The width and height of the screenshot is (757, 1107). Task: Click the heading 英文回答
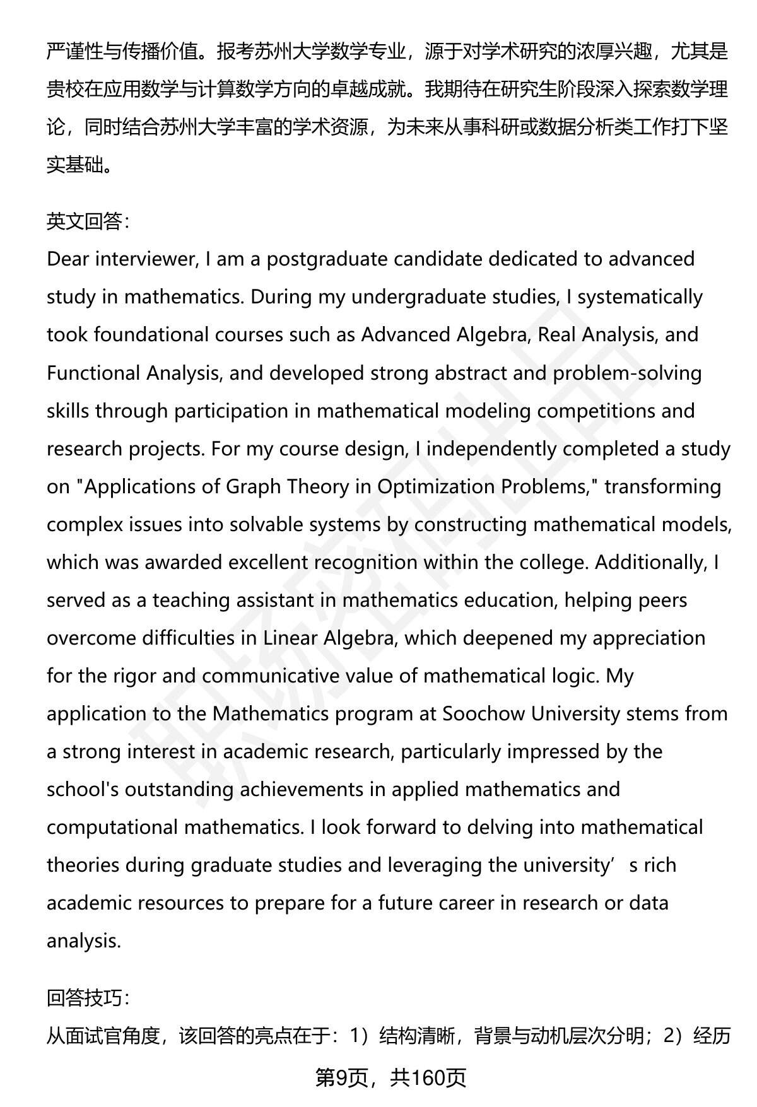[x=88, y=221]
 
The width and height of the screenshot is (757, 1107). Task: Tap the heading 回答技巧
[x=88, y=997]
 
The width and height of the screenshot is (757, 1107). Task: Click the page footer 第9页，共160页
[x=390, y=1078]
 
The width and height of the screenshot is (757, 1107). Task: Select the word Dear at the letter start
[x=68, y=259]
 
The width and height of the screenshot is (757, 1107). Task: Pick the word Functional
[x=93, y=373]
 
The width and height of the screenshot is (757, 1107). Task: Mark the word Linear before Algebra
[x=290, y=638]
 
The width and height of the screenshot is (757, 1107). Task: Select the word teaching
[x=191, y=600]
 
